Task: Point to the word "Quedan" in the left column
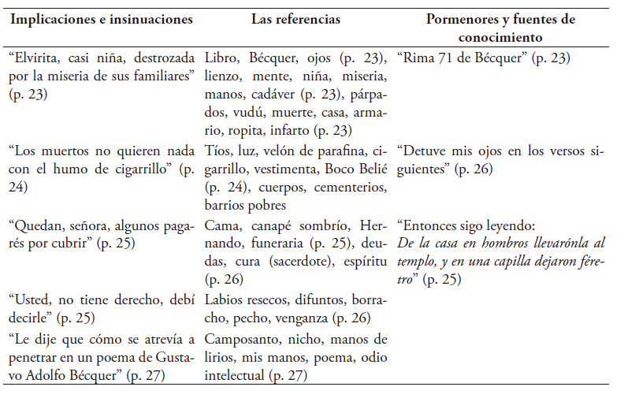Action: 37,225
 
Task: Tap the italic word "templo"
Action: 416,261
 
